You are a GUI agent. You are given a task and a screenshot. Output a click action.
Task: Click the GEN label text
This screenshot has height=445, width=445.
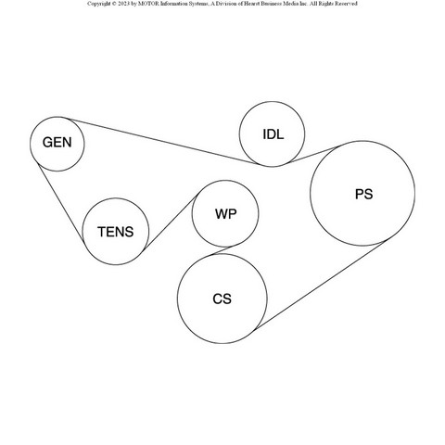pos(57,143)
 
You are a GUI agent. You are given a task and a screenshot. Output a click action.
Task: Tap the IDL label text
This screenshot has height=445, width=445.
pos(273,134)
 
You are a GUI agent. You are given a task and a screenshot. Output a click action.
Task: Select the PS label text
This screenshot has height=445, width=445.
pos(364,194)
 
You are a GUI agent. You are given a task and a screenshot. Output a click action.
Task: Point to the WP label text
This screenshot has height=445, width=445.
pos(226,214)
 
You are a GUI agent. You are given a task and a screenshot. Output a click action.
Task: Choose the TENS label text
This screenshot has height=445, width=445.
pos(116,232)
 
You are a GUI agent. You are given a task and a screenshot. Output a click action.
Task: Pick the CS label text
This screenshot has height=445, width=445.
pos(222,299)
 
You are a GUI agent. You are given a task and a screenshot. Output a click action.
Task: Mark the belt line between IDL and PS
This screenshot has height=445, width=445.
pos(312,155)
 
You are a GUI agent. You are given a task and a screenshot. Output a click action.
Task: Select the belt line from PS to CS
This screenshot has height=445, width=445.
pos(320,286)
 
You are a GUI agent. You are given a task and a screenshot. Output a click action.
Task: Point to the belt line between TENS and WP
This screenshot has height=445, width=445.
pos(170,222)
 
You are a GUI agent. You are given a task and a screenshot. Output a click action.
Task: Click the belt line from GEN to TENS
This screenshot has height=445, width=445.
pos(61,202)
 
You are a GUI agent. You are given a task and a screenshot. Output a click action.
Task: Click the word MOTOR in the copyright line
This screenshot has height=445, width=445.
pos(148,4)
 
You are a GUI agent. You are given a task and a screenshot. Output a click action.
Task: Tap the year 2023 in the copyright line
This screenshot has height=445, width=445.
pos(123,4)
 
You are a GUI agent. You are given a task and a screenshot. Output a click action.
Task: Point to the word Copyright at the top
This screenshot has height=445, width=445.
pos(98,4)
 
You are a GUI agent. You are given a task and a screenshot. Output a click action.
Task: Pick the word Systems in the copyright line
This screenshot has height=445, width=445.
pos(197,4)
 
